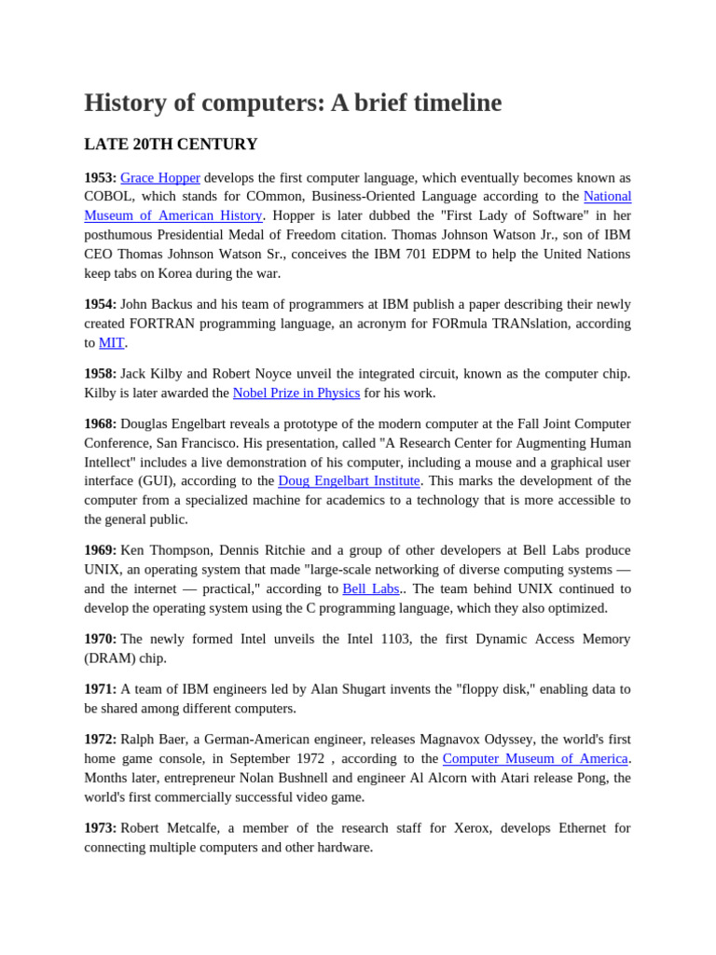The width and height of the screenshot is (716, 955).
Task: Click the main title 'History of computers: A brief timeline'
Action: tap(293, 103)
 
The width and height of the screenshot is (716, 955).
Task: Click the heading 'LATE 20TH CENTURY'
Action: tap(171, 145)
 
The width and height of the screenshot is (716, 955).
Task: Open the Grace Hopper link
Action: tap(159, 177)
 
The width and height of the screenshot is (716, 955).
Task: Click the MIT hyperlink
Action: tap(111, 342)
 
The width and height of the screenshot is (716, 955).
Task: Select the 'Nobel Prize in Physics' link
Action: tap(296, 393)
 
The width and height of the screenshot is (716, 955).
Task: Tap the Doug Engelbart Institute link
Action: tap(349, 480)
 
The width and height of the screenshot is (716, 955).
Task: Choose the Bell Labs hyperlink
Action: tap(370, 588)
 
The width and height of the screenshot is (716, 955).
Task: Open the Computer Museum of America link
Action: tap(534, 758)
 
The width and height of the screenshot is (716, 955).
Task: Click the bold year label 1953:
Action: tap(100, 177)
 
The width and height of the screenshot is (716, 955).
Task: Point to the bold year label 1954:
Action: tap(100, 304)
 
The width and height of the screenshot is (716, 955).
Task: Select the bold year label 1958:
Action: tap(100, 373)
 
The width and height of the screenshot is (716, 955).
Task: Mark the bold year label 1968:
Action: tap(100, 423)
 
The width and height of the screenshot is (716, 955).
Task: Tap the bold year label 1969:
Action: tap(100, 550)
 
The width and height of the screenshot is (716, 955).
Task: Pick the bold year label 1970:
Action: tap(100, 639)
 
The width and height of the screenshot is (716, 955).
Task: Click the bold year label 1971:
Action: tap(100, 689)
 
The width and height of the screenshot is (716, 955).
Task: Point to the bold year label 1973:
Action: tap(100, 828)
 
